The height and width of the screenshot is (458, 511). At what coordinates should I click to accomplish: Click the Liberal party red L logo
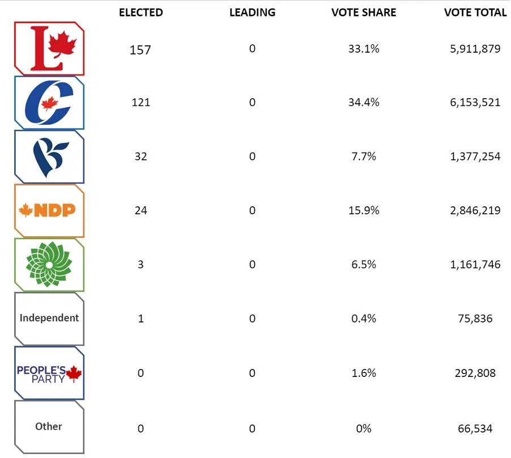pyautogui.click(x=49, y=49)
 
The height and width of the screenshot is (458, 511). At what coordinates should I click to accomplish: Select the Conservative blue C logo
pyautogui.click(x=49, y=103)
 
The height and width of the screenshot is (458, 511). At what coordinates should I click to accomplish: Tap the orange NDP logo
pyautogui.click(x=49, y=211)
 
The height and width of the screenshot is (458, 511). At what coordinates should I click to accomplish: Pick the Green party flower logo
pyautogui.click(x=49, y=265)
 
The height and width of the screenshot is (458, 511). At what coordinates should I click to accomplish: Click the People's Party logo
pyautogui.click(x=49, y=373)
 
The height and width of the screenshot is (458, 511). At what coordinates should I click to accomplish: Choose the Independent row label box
pyautogui.click(x=49, y=318)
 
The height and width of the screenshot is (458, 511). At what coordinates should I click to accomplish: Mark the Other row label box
pyautogui.click(x=49, y=426)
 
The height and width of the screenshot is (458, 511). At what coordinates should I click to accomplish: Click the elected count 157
pyautogui.click(x=140, y=50)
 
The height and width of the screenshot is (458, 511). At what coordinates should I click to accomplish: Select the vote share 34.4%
pyautogui.click(x=363, y=103)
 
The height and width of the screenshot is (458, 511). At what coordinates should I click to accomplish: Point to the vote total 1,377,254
pyautogui.click(x=475, y=156)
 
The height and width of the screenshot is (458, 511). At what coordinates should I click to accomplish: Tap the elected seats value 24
pyautogui.click(x=140, y=211)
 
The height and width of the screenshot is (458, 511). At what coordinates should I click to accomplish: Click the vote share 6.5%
pyautogui.click(x=363, y=265)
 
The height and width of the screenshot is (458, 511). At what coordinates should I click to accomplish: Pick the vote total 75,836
pyautogui.click(x=475, y=319)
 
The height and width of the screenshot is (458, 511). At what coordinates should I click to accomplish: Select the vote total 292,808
pyautogui.click(x=475, y=373)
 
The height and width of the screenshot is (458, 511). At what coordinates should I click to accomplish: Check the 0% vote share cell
pyautogui.click(x=363, y=429)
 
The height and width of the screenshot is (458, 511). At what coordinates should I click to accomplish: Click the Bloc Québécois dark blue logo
pyautogui.click(x=49, y=157)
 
